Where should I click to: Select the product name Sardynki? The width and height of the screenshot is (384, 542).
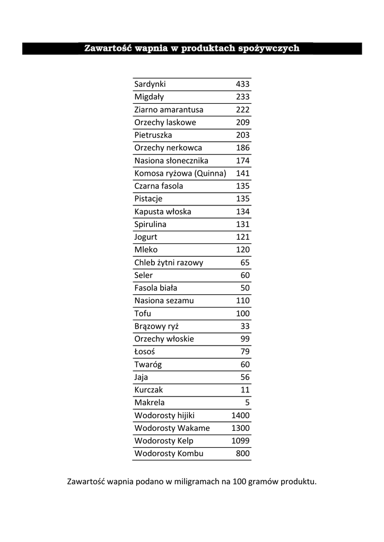150,84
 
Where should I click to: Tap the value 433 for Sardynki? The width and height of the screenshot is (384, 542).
242,84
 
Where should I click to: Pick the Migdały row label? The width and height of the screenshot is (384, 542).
149,97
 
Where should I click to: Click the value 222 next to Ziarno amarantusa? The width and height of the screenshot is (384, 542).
242,110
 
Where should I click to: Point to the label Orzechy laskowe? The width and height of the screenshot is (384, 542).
165,122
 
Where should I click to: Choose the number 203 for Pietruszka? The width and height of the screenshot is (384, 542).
242,135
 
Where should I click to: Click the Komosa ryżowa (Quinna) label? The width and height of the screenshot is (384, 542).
180,173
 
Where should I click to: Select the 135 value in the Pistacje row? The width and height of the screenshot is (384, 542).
242,199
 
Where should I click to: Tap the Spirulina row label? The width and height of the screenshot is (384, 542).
150,224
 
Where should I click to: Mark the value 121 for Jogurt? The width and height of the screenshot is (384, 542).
242,237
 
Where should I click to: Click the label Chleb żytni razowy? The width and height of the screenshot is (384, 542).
169,263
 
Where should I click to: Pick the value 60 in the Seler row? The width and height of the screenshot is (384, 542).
245,275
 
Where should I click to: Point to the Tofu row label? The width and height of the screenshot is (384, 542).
143,313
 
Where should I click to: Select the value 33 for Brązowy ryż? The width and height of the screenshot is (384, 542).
245,326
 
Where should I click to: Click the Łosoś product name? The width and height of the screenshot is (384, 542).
145,351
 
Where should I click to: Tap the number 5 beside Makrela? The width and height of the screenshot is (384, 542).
247,402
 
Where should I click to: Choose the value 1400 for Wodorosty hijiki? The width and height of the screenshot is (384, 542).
240,415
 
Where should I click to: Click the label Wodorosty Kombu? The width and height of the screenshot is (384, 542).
169,454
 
